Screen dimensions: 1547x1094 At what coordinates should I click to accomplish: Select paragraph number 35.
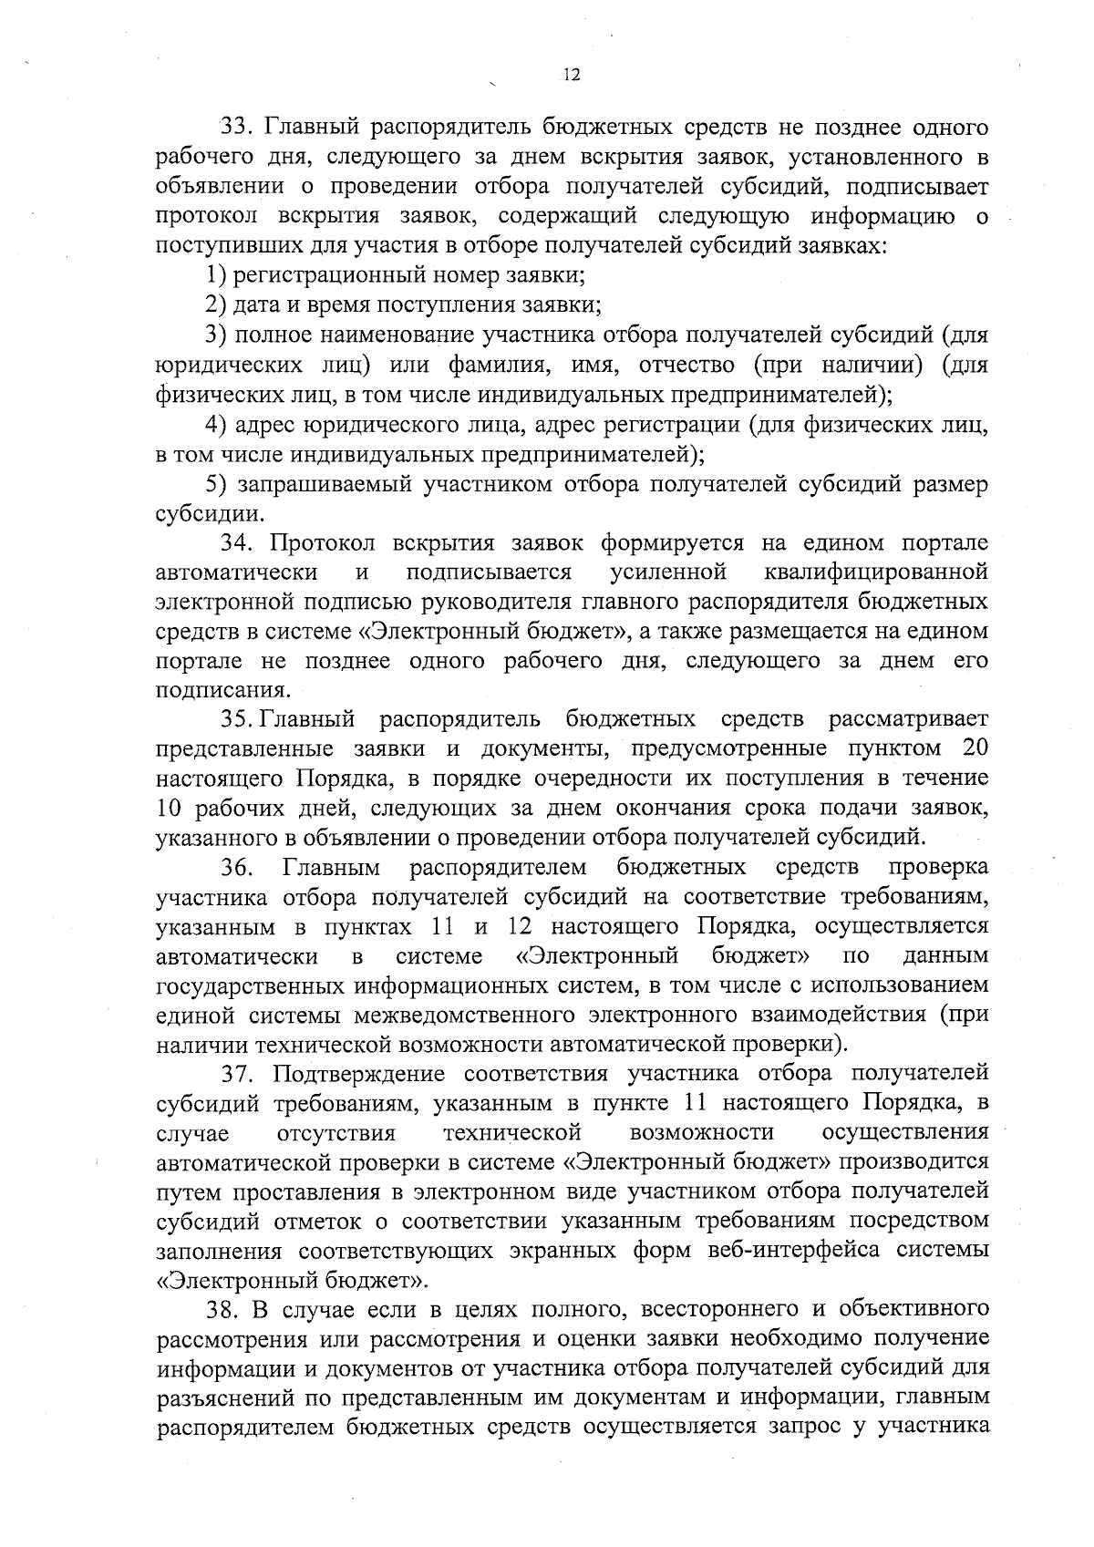coord(240,720)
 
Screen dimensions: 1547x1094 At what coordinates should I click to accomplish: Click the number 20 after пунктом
coord(975,748)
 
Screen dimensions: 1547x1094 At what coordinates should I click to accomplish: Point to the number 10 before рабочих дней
coord(170,808)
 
